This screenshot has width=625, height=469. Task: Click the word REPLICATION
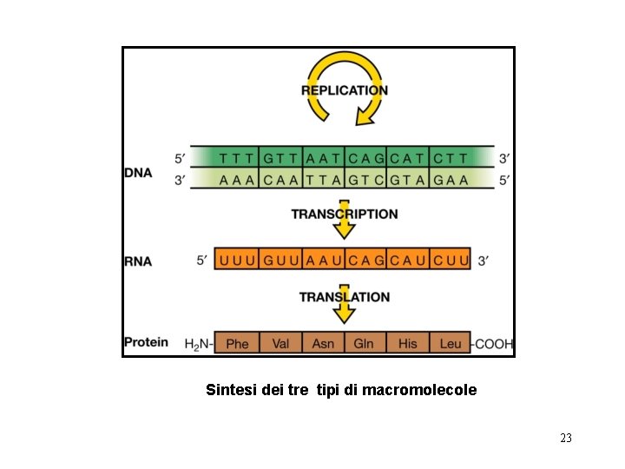coord(345,90)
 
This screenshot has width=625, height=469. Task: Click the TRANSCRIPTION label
coord(345,214)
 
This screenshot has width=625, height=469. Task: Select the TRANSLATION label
coord(345,297)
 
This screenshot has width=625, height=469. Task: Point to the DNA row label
coord(137,173)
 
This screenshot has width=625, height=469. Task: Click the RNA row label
coord(137,260)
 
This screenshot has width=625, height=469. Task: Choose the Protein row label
coord(146,342)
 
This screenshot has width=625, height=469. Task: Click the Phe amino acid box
coord(237,343)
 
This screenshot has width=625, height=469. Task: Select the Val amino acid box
coord(280,343)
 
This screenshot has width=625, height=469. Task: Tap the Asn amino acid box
coord(322,343)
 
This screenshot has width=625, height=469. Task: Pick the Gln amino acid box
coord(364,343)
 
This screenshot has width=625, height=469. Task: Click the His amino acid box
coord(407,343)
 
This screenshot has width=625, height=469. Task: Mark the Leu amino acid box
coord(451,343)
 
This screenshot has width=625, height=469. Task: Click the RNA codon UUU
coord(237,260)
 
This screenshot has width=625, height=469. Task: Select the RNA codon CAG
coord(365,260)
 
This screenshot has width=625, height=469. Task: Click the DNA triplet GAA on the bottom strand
coord(451,181)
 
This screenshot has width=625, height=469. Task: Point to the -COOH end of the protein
coord(493,343)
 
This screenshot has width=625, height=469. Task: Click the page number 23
coord(566,439)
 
